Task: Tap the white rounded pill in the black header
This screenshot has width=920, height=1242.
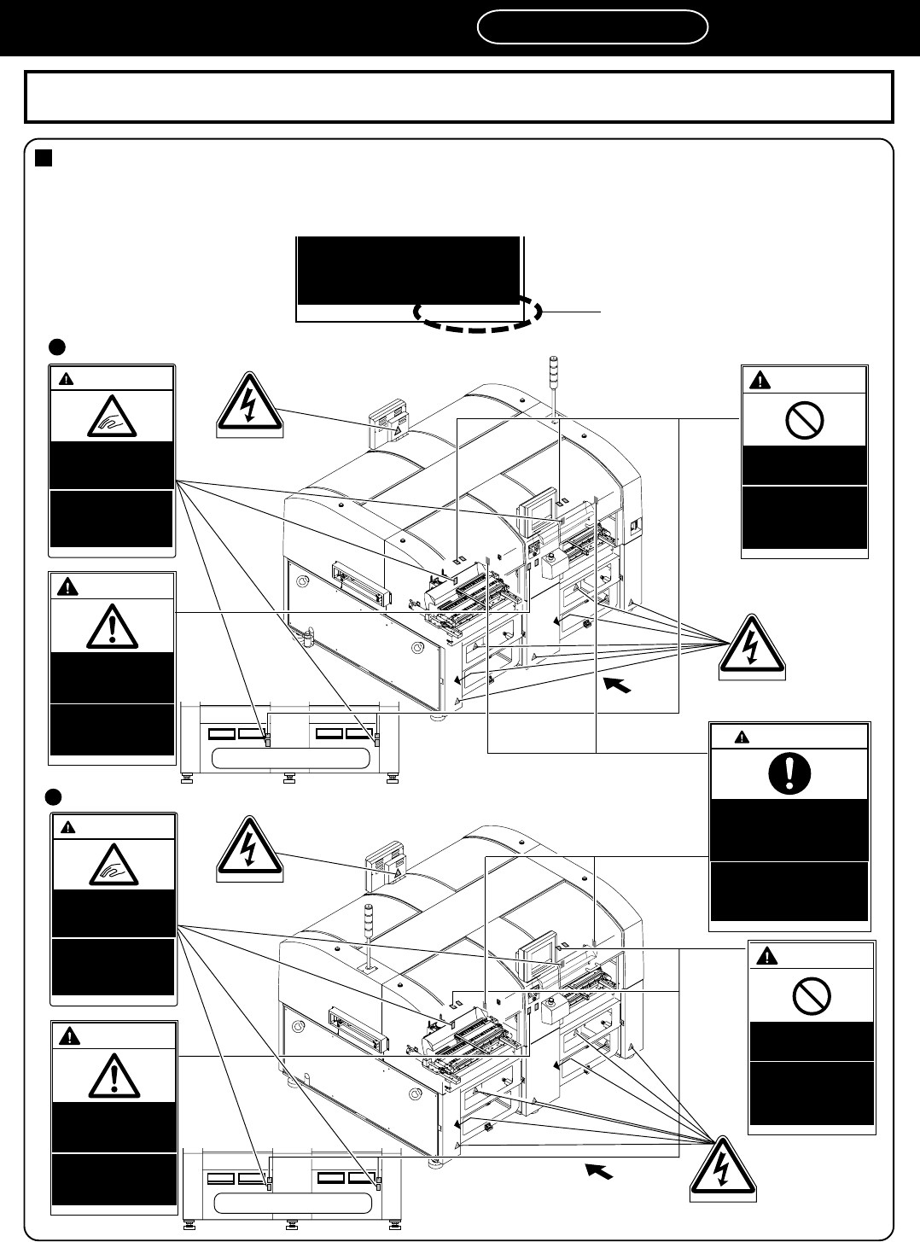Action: pos(592,26)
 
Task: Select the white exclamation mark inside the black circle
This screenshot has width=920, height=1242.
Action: pos(789,773)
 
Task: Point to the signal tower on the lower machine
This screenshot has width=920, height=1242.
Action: pos(370,931)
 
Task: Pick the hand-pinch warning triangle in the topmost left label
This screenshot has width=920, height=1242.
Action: pos(112,417)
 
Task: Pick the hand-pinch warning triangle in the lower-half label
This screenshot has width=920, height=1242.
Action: pos(114,866)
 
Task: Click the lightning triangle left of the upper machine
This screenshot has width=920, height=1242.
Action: pos(249,404)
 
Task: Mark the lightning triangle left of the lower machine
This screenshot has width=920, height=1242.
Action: pos(249,848)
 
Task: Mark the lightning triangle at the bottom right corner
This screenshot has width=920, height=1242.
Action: pos(725,1169)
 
